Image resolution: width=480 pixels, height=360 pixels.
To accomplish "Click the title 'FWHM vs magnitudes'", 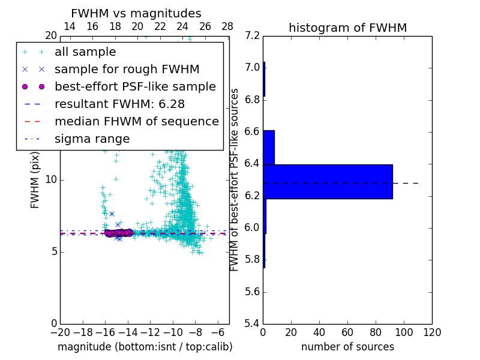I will [136, 13].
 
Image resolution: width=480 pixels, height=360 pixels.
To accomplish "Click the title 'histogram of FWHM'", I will [347, 28].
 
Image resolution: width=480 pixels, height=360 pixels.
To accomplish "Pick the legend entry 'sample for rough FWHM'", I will [127, 69].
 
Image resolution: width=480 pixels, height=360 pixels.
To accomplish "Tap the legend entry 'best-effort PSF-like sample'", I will [135, 86].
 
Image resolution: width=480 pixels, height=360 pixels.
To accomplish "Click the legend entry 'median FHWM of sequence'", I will [136, 121].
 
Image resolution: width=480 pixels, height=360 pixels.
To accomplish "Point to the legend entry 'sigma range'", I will [92, 139].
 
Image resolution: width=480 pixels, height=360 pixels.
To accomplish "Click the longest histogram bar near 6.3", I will [328, 181].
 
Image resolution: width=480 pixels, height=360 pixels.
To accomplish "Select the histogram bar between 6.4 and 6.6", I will [269, 147].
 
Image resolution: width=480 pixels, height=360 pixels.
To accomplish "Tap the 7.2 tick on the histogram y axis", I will [253, 35].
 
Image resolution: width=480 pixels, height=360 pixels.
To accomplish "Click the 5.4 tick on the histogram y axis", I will [253, 323].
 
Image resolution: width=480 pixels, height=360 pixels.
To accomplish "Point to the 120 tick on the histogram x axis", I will [432, 332].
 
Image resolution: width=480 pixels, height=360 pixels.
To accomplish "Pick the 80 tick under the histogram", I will [376, 332].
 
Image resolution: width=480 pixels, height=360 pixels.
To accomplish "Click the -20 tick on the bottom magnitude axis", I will [60, 332].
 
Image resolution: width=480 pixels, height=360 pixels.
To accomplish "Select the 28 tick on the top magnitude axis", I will [227, 26].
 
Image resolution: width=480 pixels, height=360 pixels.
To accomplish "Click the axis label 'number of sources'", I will [347, 347].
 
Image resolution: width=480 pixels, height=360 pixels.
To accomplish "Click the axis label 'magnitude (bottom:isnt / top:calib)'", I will [145, 347].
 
